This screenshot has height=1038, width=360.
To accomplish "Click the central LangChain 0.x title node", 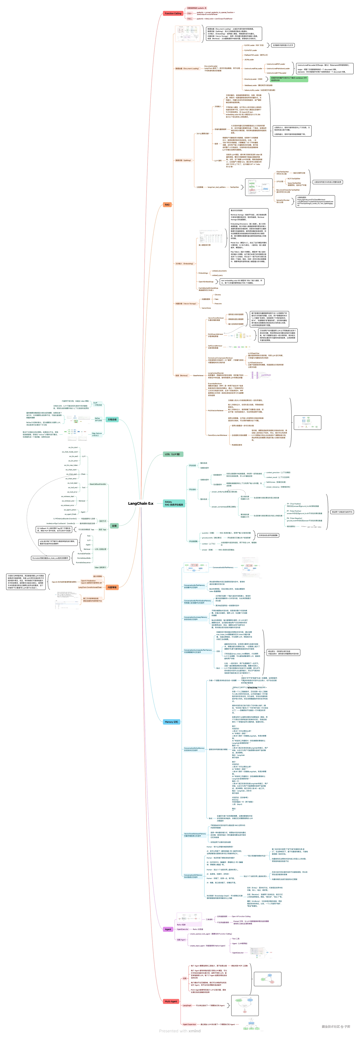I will [x=140, y=503].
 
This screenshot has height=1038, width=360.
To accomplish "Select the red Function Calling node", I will [x=173, y=13].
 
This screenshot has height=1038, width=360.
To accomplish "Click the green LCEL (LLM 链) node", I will [x=173, y=454].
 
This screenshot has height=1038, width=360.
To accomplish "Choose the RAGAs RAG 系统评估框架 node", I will [x=174, y=503].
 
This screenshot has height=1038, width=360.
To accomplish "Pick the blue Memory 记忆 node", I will [x=171, y=722].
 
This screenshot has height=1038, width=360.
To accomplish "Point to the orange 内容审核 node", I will [x=112, y=587].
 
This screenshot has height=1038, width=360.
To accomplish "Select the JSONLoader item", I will [x=249, y=60].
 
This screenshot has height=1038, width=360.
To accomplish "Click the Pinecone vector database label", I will [x=218, y=303].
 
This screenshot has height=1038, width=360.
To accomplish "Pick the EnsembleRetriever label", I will [x=215, y=384].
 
